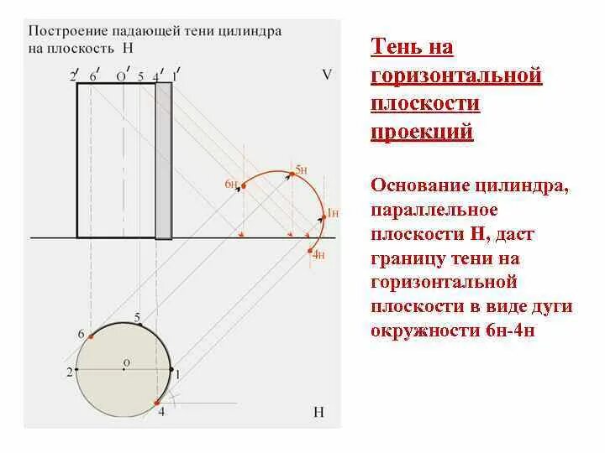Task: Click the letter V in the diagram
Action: point(327,75)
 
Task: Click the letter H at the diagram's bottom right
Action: point(318,412)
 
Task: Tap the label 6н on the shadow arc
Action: point(229,183)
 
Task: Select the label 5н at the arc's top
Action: point(302,169)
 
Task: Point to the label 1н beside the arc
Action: point(332,212)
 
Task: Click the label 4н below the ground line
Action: point(318,255)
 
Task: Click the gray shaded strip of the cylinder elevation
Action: point(163,160)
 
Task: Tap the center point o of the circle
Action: point(123,369)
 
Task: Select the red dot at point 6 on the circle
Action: point(91,336)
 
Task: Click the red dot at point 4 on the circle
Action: point(157,404)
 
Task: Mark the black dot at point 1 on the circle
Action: point(171,369)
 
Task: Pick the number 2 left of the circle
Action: point(70,370)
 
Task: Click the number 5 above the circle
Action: point(137,316)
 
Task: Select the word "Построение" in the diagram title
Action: point(62,30)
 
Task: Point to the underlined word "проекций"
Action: point(422,132)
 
